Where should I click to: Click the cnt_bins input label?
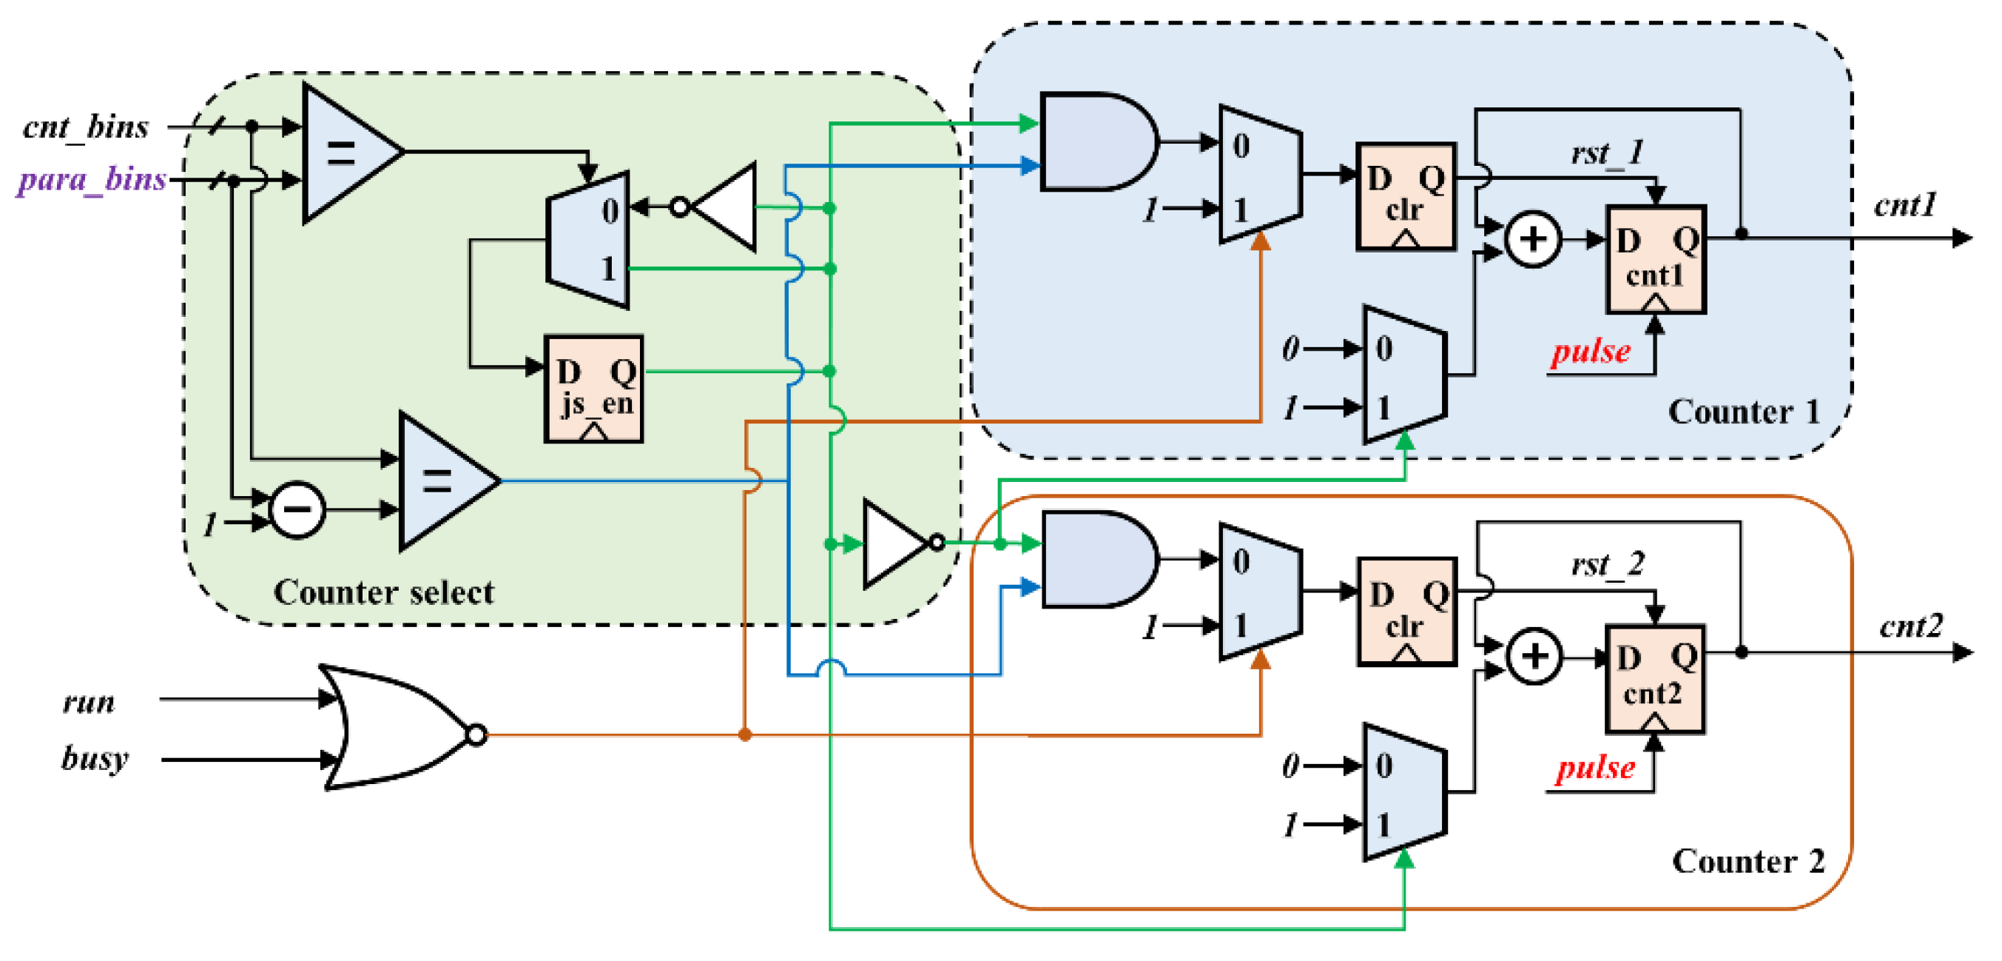tap(86, 127)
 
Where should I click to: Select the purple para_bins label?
tap(92, 181)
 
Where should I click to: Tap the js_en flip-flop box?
tap(594, 389)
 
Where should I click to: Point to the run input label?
tap(89, 702)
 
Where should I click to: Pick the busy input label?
tap(95, 758)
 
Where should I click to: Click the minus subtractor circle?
tap(297, 510)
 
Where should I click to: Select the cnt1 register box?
tap(1655, 260)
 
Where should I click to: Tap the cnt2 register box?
tap(1655, 679)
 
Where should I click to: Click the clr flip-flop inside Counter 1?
tap(1406, 197)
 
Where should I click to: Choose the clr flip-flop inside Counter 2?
tap(1406, 611)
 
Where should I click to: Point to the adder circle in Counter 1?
tap(1533, 238)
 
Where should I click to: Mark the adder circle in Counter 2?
tap(1534, 657)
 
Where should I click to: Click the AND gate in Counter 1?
tap(1096, 142)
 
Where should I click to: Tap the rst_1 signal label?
tap(1607, 153)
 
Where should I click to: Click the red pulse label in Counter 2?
tap(1595, 769)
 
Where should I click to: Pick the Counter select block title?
tap(383, 593)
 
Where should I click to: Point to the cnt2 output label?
tap(1911, 626)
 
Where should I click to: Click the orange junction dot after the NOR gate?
tap(744, 734)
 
